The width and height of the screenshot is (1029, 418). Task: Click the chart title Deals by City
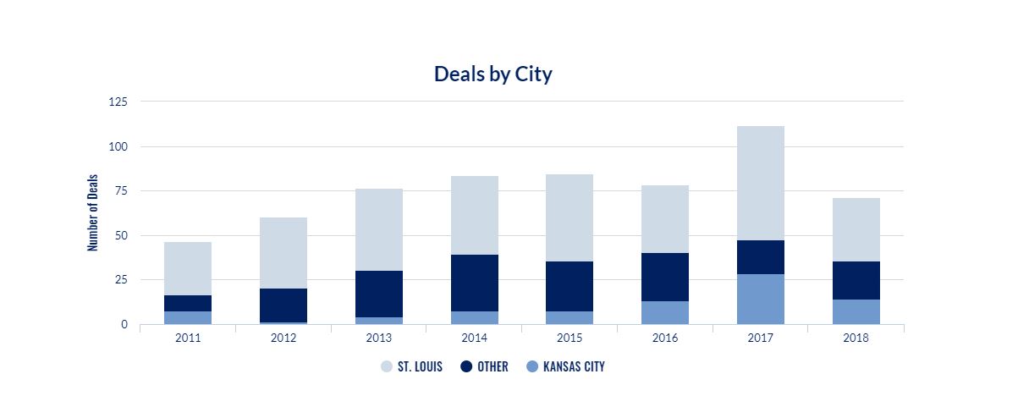[492, 74]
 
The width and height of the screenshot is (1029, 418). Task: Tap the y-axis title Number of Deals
[93, 212]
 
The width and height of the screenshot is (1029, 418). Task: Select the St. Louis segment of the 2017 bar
[760, 183]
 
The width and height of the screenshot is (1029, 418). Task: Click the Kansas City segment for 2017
[760, 299]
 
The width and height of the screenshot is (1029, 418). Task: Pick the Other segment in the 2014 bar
[475, 283]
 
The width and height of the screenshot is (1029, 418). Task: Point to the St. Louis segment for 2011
[188, 269]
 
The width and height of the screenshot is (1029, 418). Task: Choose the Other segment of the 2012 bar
[283, 305]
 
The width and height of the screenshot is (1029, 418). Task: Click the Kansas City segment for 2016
[665, 313]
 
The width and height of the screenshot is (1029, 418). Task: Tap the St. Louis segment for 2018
[856, 229]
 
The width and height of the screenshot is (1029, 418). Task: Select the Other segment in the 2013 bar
[379, 294]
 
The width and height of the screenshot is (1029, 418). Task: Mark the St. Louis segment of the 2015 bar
[570, 217]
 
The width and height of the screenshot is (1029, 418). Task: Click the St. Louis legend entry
[411, 366]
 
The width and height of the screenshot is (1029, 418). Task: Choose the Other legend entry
[484, 366]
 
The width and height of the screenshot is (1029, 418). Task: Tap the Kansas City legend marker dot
[532, 366]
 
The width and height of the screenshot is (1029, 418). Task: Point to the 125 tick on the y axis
[118, 102]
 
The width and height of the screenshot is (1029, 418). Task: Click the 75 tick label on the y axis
[121, 190]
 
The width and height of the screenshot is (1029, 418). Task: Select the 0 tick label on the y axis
[124, 324]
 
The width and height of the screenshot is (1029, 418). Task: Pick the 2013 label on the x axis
[378, 338]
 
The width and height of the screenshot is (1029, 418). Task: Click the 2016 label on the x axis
[665, 338]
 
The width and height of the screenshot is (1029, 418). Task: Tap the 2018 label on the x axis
[856, 338]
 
